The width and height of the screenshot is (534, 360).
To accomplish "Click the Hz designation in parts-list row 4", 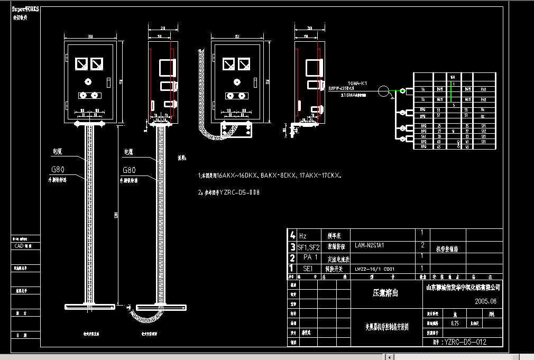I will (303, 235).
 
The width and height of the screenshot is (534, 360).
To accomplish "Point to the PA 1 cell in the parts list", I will (310, 257).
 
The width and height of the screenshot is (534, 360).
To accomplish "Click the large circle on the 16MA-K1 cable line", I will (386, 91).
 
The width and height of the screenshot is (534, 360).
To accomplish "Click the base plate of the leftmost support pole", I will (89, 307).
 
